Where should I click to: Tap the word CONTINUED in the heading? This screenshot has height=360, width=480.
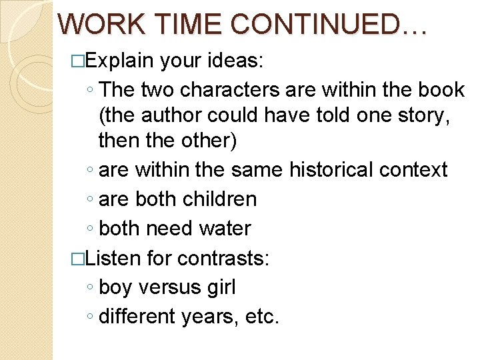pyautogui.click(x=327, y=24)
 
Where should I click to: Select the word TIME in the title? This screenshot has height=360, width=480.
pyautogui.click(x=189, y=24)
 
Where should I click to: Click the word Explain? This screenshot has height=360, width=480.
pyautogui.click(x=119, y=62)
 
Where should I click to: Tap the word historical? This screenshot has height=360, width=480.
pyautogui.click(x=331, y=170)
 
